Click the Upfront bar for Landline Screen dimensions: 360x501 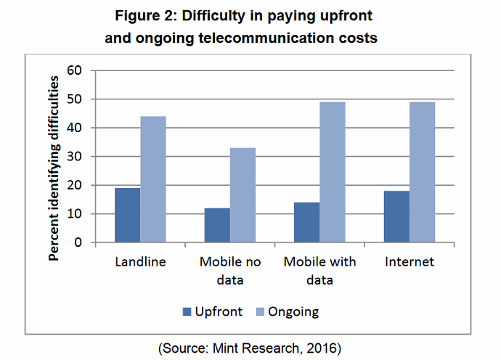(x=127, y=216)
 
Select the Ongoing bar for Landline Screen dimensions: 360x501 (x=152, y=179)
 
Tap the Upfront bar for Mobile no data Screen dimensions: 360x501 (x=217, y=226)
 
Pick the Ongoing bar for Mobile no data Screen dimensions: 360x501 (x=243, y=195)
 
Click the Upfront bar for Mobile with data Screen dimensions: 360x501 (x=306, y=223)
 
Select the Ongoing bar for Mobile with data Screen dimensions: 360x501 (x=332, y=173)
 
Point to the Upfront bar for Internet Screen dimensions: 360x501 (x=396, y=217)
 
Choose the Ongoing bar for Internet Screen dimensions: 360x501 (x=422, y=173)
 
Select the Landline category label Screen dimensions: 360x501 (x=140, y=261)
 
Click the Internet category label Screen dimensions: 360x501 (x=410, y=261)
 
